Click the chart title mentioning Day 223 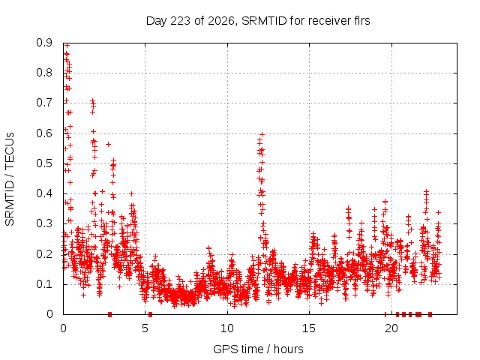click(x=258, y=21)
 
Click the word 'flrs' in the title click(x=361, y=20)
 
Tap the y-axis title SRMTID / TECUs click(x=10, y=179)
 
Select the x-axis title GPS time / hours click(x=258, y=349)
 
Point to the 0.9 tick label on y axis click(x=44, y=43)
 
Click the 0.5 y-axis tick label click(x=44, y=163)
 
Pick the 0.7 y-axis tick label click(x=44, y=103)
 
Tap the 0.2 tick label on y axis click(x=44, y=254)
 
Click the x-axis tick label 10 click(x=227, y=328)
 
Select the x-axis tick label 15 click(x=309, y=328)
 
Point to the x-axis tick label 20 click(x=391, y=328)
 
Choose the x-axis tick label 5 click(x=145, y=328)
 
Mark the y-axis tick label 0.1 click(x=44, y=284)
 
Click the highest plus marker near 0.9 click(x=67, y=46)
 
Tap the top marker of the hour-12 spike click(x=262, y=134)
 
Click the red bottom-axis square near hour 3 click(x=110, y=314)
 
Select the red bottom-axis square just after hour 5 click(x=150, y=314)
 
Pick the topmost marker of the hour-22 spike click(x=426, y=192)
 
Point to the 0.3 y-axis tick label click(x=44, y=223)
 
